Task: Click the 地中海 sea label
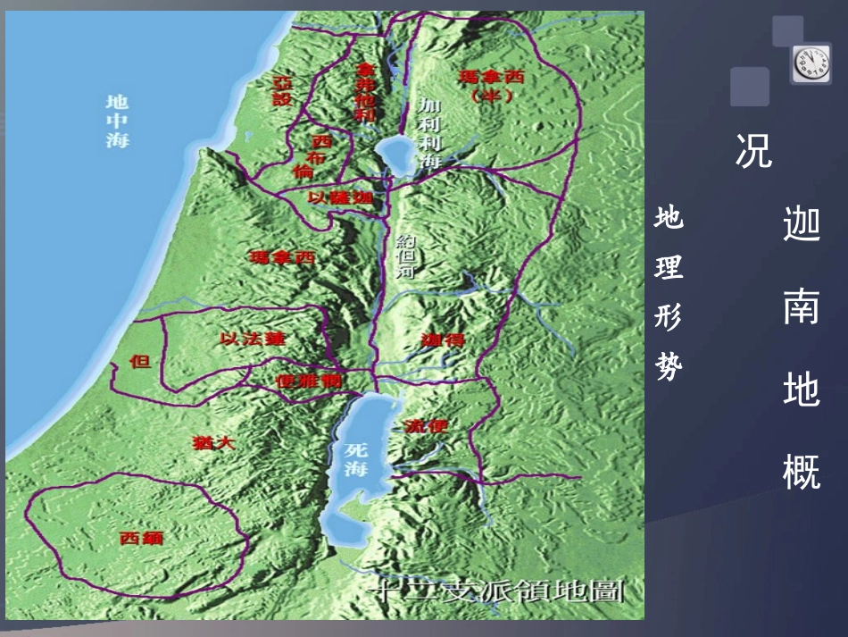117,121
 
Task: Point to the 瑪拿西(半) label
490,85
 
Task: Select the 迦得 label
442,339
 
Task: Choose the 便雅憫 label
308,380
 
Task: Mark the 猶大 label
212,442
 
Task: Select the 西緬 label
141,538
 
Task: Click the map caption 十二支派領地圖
499,591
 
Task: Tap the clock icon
810,64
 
